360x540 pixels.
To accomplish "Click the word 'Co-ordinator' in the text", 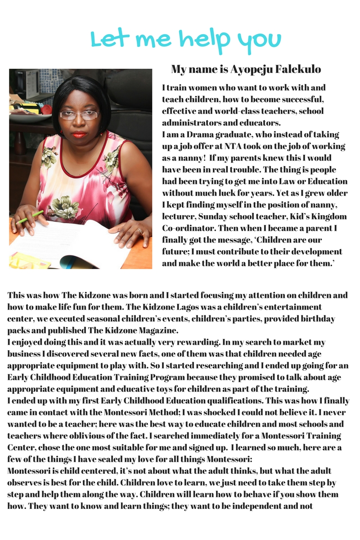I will pos(186,228).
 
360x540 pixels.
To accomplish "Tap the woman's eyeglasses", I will pos(79,115).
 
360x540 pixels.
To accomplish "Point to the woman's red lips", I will pos(79,135).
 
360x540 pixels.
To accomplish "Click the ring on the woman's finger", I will pos(140,231).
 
